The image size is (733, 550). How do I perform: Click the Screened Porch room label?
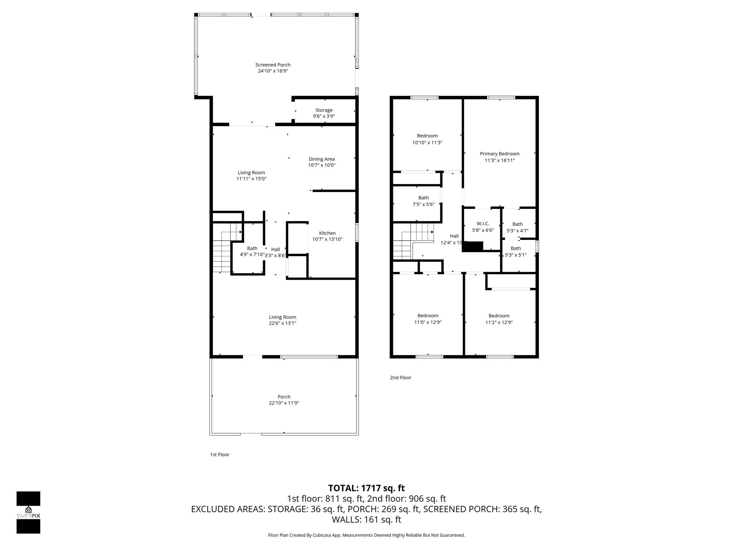click(x=273, y=65)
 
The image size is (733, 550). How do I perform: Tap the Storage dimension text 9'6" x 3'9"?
click(x=324, y=116)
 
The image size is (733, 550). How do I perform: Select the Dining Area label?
click(x=321, y=159)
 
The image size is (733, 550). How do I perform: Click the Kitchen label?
click(x=327, y=233)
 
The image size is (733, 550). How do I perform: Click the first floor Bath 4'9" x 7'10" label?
click(x=252, y=249)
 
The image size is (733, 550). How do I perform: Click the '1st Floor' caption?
click(x=219, y=454)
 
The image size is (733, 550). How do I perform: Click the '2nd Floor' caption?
click(x=401, y=377)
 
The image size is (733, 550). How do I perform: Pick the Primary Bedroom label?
click(x=500, y=154)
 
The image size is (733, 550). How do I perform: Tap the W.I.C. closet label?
click(x=483, y=224)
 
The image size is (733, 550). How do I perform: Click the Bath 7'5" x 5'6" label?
click(x=423, y=198)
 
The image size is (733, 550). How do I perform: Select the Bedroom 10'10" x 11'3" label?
click(x=427, y=136)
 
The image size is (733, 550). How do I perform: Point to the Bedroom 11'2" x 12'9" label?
click(x=499, y=316)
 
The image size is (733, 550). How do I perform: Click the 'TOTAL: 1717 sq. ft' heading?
click(x=366, y=488)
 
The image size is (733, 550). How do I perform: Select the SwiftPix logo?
click(x=28, y=512)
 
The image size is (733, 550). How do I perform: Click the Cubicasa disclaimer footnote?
click(x=366, y=535)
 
